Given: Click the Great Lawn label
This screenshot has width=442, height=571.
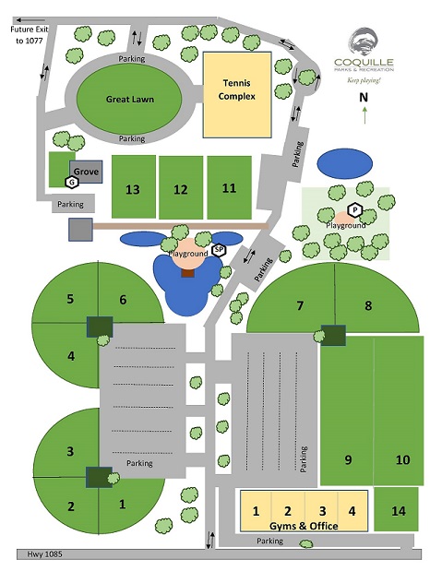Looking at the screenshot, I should click(x=129, y=100).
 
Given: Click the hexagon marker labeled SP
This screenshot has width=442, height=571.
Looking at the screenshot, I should click(x=219, y=249).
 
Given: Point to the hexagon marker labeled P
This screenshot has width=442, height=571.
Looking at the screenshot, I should click(x=353, y=209).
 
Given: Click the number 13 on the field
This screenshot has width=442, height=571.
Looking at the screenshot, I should click(x=132, y=189).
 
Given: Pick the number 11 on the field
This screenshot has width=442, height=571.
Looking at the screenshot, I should click(x=229, y=188).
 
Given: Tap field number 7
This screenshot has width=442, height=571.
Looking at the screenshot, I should click(x=299, y=304).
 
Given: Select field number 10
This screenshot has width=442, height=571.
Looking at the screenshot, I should click(x=402, y=459).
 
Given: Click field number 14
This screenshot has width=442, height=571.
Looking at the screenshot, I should click(x=398, y=510).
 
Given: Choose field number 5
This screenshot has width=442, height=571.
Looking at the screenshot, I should click(x=69, y=299).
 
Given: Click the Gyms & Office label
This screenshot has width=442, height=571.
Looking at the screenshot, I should click(x=305, y=526).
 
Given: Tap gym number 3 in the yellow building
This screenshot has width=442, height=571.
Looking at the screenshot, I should click(x=322, y=510).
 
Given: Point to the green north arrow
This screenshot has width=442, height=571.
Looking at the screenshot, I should click(x=364, y=114).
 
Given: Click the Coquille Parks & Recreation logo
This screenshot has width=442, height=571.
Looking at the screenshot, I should click(x=364, y=48).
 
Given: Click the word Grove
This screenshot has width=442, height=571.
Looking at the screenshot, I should click(x=87, y=172).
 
